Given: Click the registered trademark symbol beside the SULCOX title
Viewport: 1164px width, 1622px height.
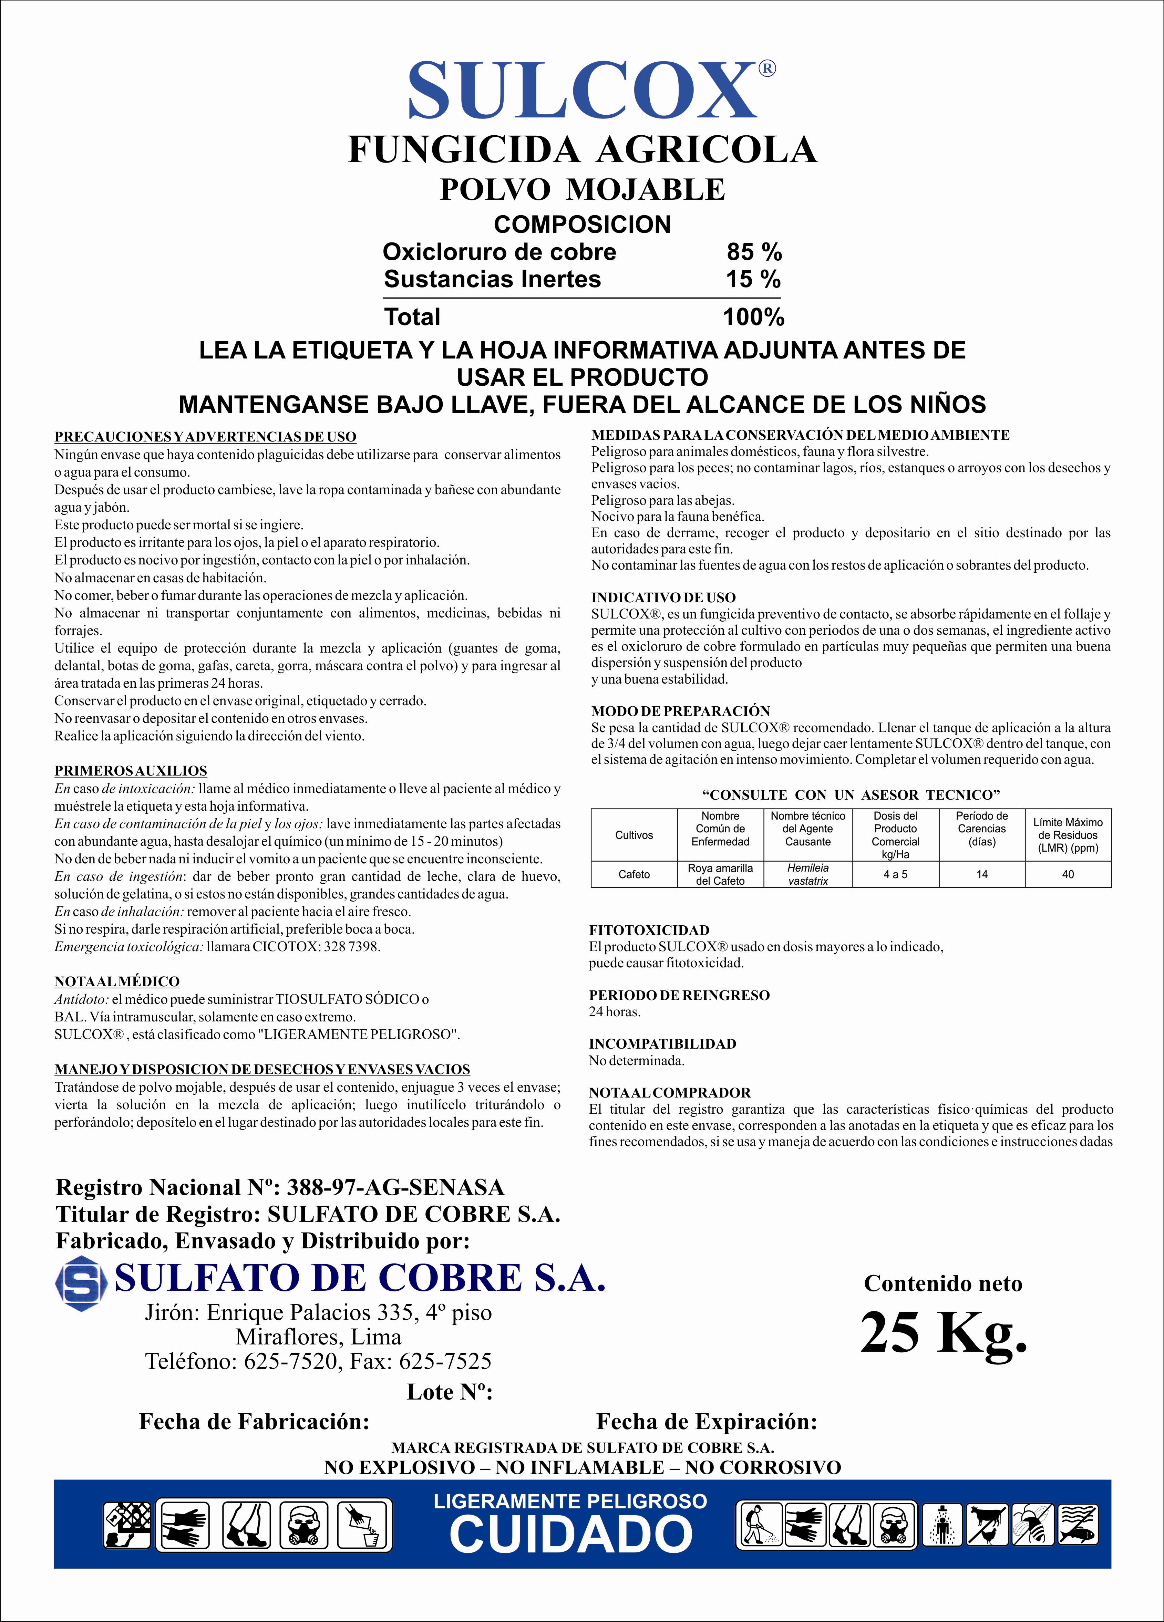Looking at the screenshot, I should pyautogui.click(x=766, y=69).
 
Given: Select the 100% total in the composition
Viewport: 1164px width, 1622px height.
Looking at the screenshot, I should pyautogui.click(x=753, y=317).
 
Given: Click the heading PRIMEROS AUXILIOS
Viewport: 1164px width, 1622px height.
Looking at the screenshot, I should pyautogui.click(x=131, y=771).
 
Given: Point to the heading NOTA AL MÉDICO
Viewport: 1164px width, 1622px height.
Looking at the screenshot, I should pyautogui.click(x=117, y=981).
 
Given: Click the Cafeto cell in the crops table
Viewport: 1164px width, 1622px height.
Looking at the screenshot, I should pyautogui.click(x=634, y=874).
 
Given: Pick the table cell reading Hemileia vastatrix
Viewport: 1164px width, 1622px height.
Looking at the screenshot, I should pyautogui.click(x=808, y=874).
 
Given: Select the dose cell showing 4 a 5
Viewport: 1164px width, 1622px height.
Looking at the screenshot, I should pyautogui.click(x=895, y=874).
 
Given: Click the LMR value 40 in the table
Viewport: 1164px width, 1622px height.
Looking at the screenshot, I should pyautogui.click(x=1068, y=874).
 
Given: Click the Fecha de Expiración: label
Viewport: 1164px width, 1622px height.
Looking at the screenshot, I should pyautogui.click(x=706, y=1421).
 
